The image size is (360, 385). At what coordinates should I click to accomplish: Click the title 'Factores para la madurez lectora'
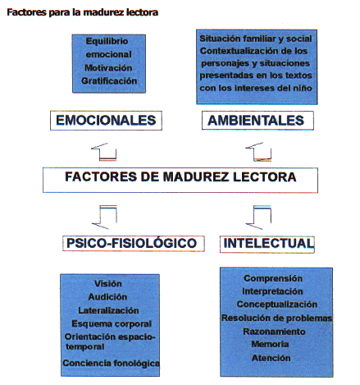[x=82, y=12]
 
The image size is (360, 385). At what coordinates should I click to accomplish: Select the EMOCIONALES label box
[x=106, y=121]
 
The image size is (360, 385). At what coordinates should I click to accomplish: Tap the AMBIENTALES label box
[x=257, y=121]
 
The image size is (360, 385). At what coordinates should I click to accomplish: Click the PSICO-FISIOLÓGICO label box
[x=134, y=243]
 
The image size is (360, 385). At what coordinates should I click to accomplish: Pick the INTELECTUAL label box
[x=267, y=244]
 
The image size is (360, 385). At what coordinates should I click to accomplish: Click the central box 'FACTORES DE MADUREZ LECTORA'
[x=180, y=180]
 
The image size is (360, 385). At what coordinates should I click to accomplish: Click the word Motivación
[x=108, y=68]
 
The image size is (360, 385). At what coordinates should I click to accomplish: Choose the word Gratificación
[x=109, y=81]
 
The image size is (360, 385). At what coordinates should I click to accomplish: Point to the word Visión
[x=108, y=283]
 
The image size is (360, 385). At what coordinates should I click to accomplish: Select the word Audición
[x=107, y=297]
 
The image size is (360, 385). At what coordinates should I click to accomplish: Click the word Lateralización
[x=108, y=310]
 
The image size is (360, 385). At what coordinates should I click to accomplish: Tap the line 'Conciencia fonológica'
[x=111, y=363]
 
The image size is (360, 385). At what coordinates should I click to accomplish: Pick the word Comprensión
[x=273, y=278]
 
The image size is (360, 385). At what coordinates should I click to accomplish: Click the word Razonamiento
[x=274, y=332]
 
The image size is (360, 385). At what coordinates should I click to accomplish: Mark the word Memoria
[x=270, y=344]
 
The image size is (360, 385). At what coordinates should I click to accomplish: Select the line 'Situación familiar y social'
[x=256, y=39]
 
